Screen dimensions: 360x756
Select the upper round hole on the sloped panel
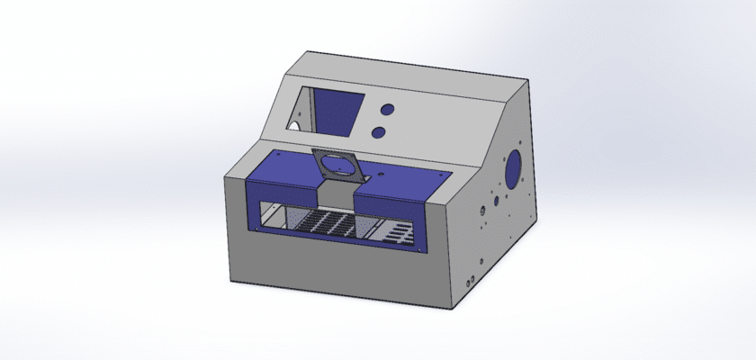388,109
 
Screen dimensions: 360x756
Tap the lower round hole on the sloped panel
380,132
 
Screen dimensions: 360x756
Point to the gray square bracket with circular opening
336,167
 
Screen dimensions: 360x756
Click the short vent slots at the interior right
395,233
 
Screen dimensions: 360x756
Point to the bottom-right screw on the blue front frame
417,246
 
